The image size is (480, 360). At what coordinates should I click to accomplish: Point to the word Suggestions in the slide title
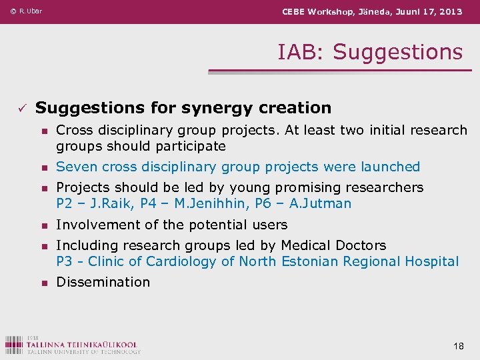(397, 51)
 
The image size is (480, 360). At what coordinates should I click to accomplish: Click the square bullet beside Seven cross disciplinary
(43, 167)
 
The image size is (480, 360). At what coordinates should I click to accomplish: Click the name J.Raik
(110, 203)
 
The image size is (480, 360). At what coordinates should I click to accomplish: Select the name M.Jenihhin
(208, 203)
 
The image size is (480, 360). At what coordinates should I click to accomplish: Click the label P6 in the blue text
(265, 203)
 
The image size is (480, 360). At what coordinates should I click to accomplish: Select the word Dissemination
(103, 282)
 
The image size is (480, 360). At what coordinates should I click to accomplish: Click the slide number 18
(458, 345)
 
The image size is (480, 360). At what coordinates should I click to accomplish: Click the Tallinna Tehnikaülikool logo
(72, 343)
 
